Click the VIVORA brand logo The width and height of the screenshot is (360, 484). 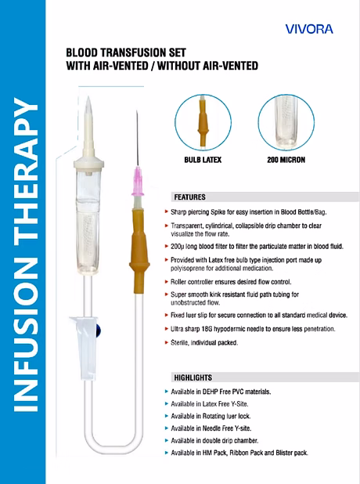pos(309,29)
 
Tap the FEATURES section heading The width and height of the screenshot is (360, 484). pos(189,197)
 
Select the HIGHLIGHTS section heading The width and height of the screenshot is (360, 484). pos(193,377)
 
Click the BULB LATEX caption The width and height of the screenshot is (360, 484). pos(203,160)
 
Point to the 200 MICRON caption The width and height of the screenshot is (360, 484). pos(286,160)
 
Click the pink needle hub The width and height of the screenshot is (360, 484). pos(138,182)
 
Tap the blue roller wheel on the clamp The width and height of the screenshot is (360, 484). pos(99,330)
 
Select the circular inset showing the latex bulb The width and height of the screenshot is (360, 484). pos(203,122)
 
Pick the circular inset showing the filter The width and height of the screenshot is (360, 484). pos(286,122)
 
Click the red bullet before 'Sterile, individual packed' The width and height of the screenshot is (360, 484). pos(167,342)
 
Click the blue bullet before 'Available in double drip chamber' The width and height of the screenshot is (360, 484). pos(167,440)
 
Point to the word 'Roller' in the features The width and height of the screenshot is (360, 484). pos(178,282)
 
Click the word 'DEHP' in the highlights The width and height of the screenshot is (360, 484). pos(211,392)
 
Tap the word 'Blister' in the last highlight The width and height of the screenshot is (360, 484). pos(284,453)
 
